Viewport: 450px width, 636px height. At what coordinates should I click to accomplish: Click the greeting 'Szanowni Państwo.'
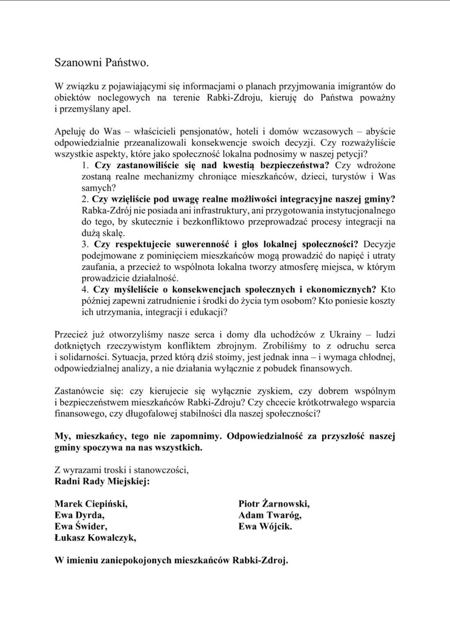102,63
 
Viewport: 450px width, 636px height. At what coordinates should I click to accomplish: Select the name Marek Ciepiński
91,503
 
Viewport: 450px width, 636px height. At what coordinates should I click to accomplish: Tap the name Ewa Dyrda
80,515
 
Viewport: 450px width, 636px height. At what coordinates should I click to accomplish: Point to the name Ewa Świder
81,526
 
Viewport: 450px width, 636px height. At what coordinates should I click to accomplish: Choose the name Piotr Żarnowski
275,503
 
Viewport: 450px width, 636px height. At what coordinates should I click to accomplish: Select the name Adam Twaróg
270,515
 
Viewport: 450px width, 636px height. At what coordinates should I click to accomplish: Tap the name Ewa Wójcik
265,526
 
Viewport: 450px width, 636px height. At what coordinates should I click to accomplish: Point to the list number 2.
86,199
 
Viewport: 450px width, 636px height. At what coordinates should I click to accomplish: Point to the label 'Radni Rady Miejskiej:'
102,481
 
